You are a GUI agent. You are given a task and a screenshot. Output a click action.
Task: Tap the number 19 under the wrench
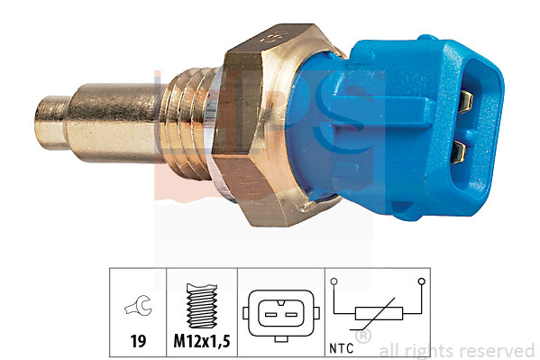click(137, 342)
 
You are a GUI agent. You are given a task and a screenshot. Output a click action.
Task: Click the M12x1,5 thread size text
click(202, 342)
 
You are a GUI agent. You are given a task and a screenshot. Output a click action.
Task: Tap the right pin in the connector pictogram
click(290, 314)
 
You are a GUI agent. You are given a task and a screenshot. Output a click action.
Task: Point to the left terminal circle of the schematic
click(335, 282)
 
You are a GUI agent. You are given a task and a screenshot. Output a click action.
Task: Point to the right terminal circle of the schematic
click(420, 282)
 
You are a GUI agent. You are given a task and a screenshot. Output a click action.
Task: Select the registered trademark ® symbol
click(363, 336)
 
